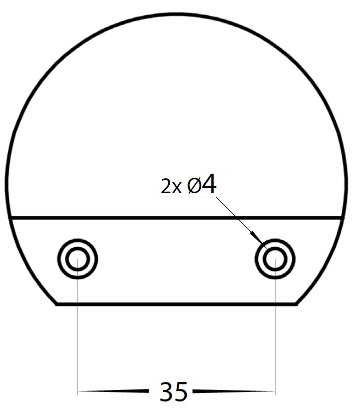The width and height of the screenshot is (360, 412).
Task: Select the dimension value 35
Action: click(x=173, y=391)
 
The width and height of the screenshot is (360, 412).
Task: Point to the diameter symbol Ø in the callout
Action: click(x=194, y=186)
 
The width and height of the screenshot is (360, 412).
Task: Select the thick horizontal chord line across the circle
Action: click(x=175, y=218)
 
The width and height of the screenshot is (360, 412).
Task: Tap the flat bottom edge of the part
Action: click(x=175, y=303)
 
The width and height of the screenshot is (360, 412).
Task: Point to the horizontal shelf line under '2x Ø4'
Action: click(x=185, y=197)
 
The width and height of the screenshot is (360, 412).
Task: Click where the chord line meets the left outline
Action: click(x=10, y=218)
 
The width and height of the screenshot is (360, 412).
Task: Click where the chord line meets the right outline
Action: click(x=342, y=218)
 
